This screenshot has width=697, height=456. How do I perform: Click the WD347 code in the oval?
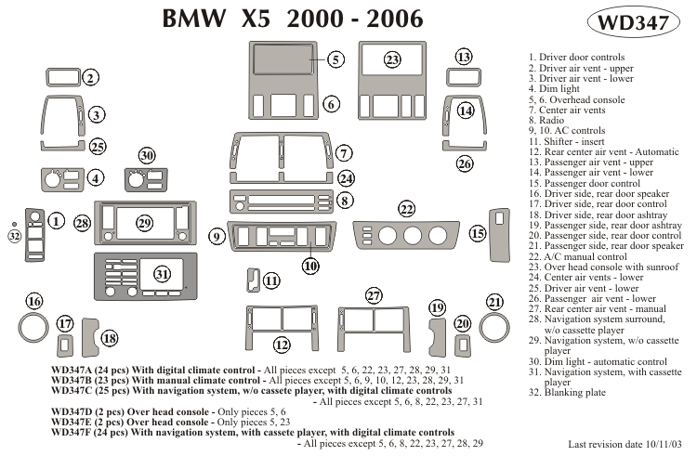[633, 23]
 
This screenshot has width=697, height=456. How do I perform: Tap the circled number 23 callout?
[393, 60]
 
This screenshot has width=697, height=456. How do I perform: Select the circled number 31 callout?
[163, 274]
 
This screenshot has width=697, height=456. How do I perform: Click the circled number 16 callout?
[35, 301]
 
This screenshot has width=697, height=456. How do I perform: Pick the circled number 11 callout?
[271, 280]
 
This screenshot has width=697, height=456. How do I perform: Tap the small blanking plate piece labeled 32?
[14, 224]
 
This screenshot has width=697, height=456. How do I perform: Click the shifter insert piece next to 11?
[251, 279]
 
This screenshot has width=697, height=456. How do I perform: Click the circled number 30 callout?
[147, 155]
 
